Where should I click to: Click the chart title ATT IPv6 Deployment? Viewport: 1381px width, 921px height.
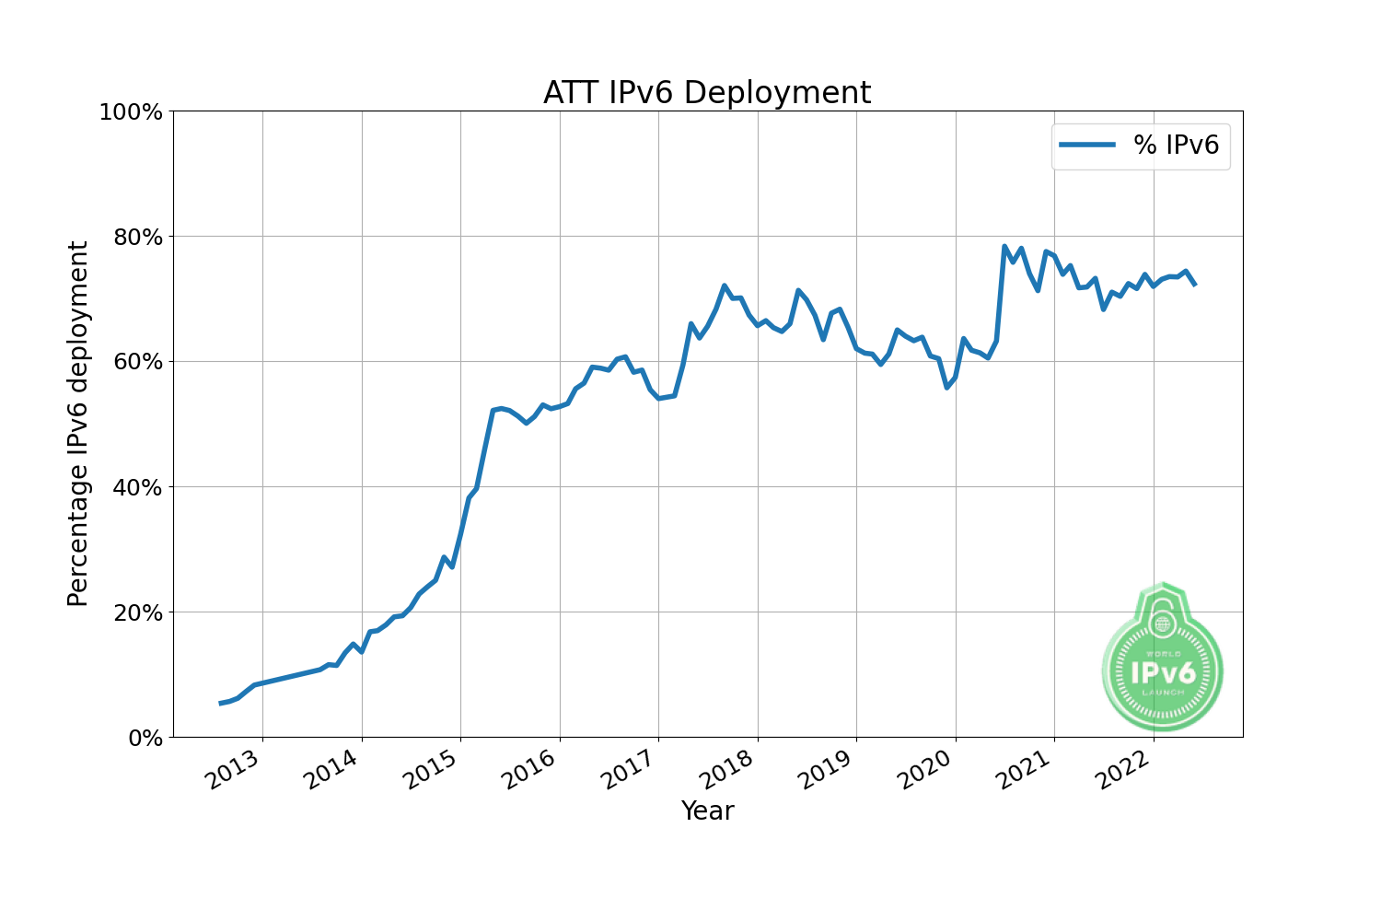[706, 93]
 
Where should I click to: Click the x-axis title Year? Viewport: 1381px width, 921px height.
[707, 810]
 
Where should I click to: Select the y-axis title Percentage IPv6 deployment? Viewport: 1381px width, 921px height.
[78, 424]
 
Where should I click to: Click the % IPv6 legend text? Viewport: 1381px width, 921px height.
[1176, 146]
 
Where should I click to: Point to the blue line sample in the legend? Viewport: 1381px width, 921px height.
[1087, 146]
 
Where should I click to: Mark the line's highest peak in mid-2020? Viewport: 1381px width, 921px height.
[1004, 247]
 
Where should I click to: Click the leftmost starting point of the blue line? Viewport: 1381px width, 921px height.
[220, 704]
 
